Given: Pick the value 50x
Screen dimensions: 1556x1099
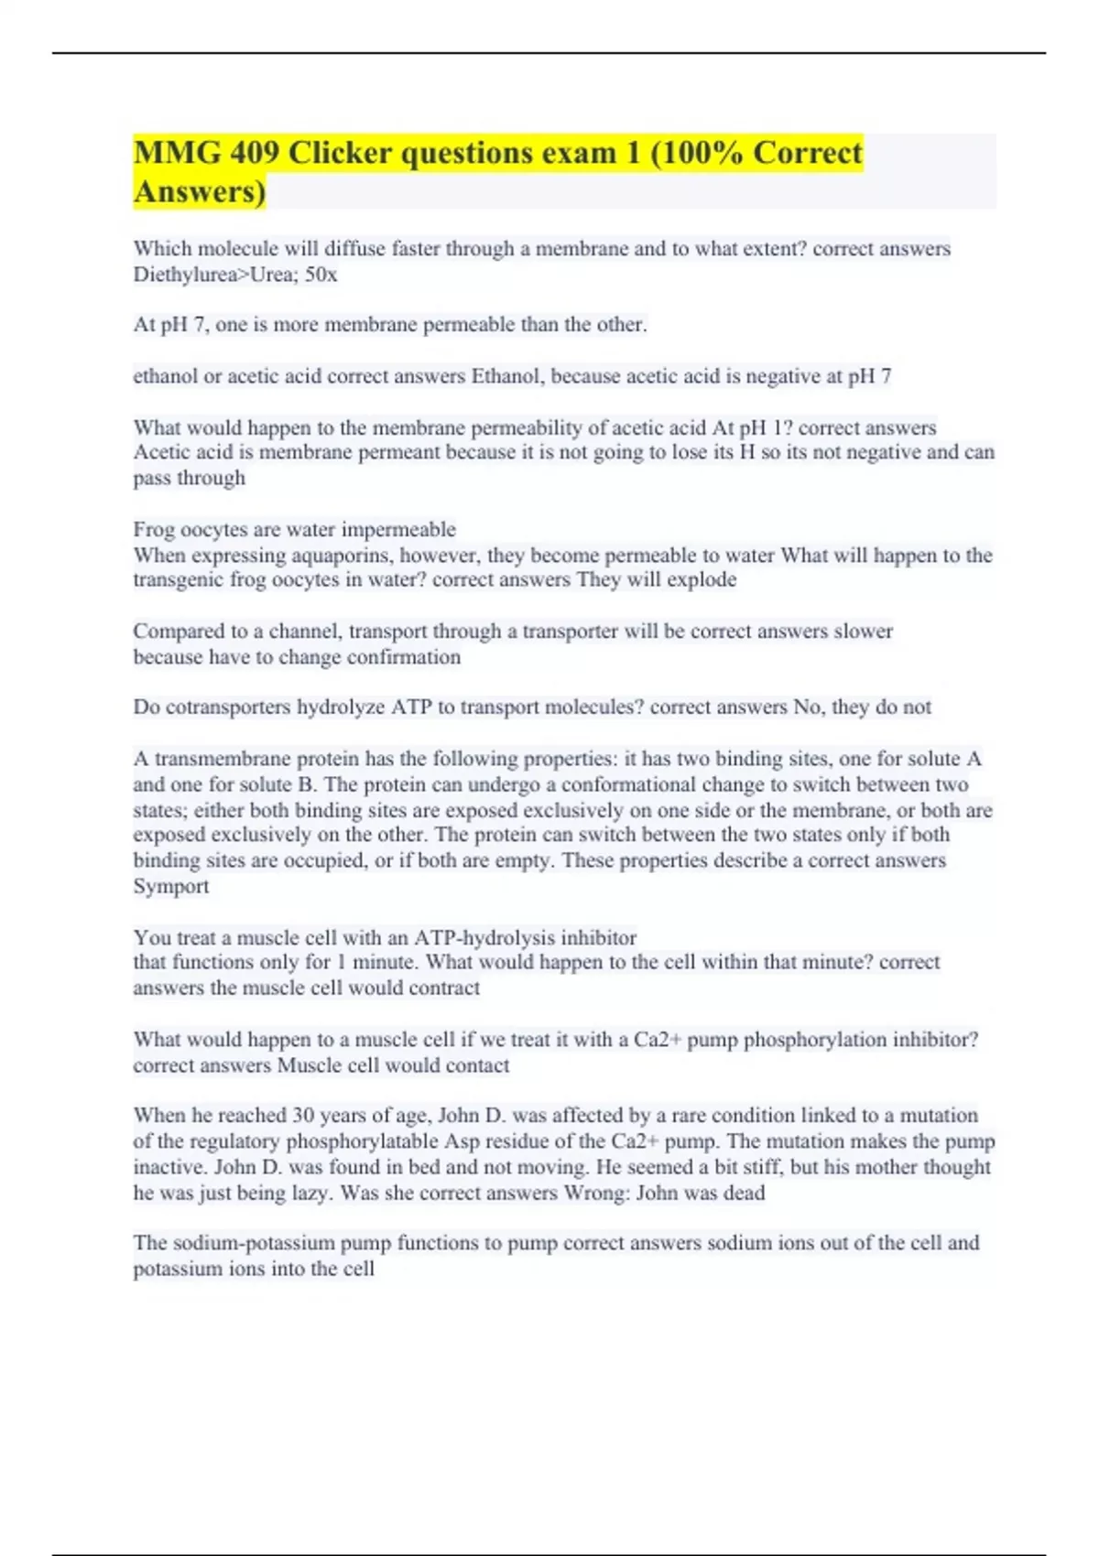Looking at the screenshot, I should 321,275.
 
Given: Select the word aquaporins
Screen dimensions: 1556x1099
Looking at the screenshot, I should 342,555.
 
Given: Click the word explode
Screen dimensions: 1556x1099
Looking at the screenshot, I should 702,580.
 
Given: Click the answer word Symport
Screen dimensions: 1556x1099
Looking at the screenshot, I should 171,886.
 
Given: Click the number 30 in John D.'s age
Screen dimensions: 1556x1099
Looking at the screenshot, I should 303,1116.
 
